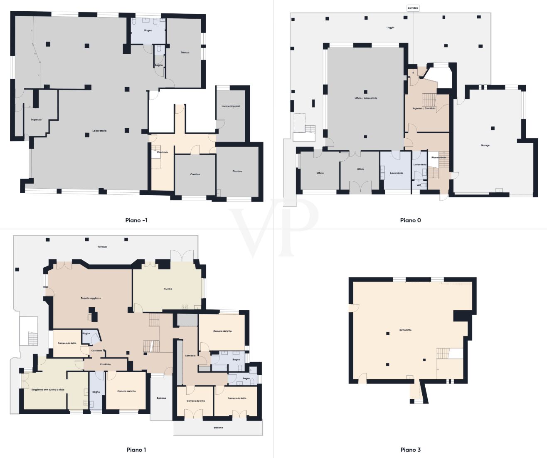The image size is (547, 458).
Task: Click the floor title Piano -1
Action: click(x=136, y=220)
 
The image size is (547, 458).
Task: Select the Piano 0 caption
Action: click(x=410, y=220)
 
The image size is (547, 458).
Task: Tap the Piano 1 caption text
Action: click(x=136, y=450)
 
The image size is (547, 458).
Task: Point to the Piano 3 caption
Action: click(x=410, y=450)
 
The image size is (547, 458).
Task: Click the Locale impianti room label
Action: click(x=231, y=106)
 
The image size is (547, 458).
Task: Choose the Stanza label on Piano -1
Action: click(x=185, y=52)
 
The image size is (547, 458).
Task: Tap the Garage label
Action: click(x=485, y=145)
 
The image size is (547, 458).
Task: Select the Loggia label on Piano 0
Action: click(x=390, y=27)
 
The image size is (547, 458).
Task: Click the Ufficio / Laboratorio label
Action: click(x=366, y=98)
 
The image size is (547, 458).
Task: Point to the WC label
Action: click(x=419, y=185)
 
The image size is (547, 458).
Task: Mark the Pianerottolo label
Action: click(x=439, y=157)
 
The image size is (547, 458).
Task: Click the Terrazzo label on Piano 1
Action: click(x=102, y=247)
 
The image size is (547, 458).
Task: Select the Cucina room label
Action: click(x=168, y=289)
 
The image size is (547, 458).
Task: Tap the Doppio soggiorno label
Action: click(x=91, y=298)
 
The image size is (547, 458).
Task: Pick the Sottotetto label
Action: click(x=405, y=330)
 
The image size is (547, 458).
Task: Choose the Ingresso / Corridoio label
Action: click(x=424, y=108)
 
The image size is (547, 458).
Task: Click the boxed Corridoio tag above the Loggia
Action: click(x=413, y=8)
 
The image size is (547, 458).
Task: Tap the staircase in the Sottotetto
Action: click(x=443, y=354)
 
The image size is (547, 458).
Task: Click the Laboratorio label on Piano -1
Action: click(x=99, y=131)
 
